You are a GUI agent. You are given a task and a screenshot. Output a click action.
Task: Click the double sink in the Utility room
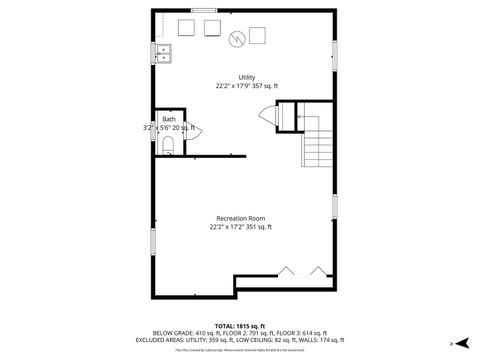tap(164, 54)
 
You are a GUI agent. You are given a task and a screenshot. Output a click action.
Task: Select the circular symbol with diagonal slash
tap(237, 39)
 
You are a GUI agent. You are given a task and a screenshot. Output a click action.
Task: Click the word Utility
tap(245, 77)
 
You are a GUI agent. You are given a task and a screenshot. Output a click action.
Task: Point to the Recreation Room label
tap(241, 218)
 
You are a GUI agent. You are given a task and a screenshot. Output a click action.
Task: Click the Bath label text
tap(168, 119)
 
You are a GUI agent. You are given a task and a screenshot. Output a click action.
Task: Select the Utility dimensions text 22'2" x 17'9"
tap(235, 86)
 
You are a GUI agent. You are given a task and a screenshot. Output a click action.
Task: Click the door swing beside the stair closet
tap(267, 117)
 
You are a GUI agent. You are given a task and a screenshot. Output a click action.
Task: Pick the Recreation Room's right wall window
tap(333, 207)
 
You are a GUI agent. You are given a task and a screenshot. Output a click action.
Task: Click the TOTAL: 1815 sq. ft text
tap(240, 326)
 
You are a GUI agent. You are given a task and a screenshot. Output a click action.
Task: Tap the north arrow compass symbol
tap(451, 342)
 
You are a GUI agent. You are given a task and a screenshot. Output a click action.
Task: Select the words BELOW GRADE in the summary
tap(173, 333)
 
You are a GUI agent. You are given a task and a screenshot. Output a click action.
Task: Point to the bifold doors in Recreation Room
tap(303, 270)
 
